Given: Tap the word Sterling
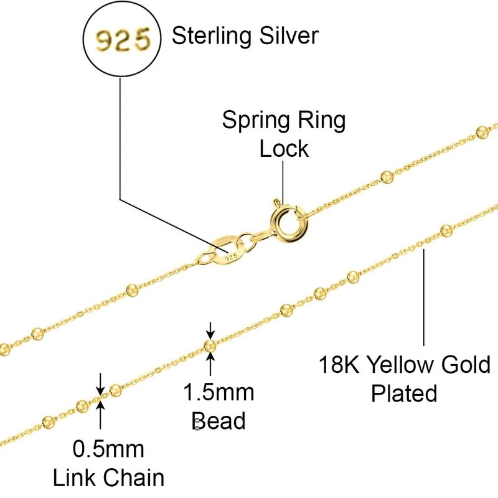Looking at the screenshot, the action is pyautogui.click(x=206, y=36).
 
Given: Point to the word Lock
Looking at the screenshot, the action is pyautogui.click(x=284, y=149).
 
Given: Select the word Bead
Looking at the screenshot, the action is pyautogui.click(x=218, y=420).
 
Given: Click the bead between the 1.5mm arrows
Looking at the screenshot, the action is pyautogui.click(x=210, y=345).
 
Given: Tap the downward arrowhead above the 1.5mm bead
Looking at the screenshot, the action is pyautogui.click(x=210, y=334).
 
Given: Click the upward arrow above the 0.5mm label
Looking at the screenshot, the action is pyautogui.click(x=100, y=406).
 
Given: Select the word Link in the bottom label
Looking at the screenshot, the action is pyautogui.click(x=77, y=477).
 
